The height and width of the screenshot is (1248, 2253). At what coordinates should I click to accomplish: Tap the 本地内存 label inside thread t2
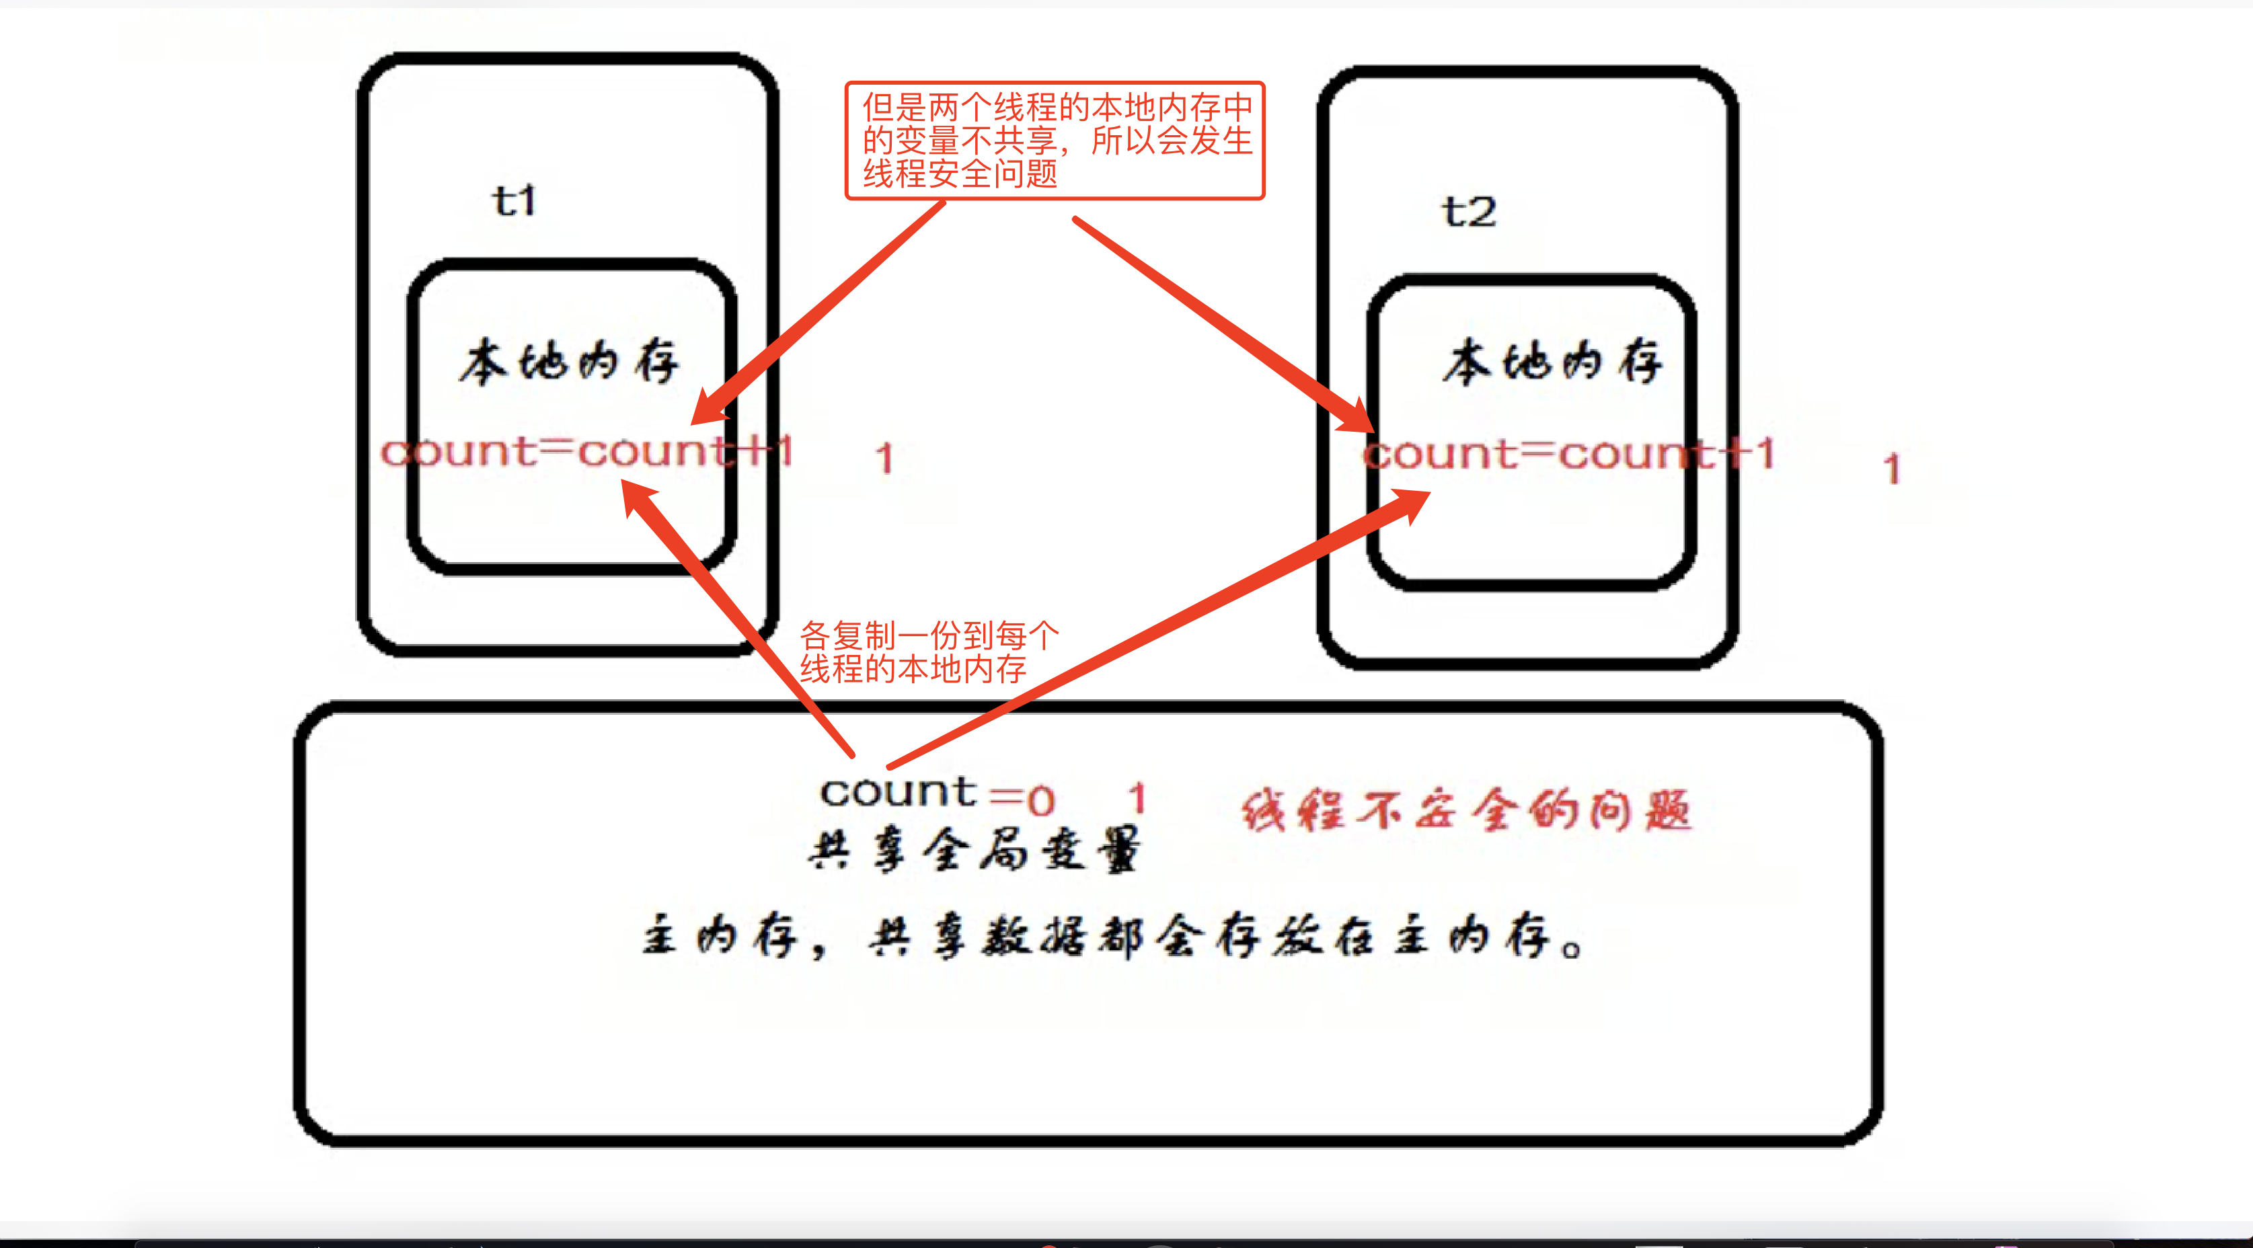[1552, 361]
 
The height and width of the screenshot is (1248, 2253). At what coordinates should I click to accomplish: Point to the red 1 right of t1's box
[885, 459]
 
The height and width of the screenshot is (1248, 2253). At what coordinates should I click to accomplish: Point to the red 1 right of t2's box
[1892, 469]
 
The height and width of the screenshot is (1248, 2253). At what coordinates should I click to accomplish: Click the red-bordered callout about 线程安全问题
[1055, 141]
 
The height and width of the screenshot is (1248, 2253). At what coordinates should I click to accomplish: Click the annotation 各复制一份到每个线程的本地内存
[929, 652]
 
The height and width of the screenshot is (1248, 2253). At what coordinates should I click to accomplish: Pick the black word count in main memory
[897, 792]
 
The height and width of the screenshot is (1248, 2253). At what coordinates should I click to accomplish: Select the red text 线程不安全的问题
[1467, 810]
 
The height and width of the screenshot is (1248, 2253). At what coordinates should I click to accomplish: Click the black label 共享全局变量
[973, 850]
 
